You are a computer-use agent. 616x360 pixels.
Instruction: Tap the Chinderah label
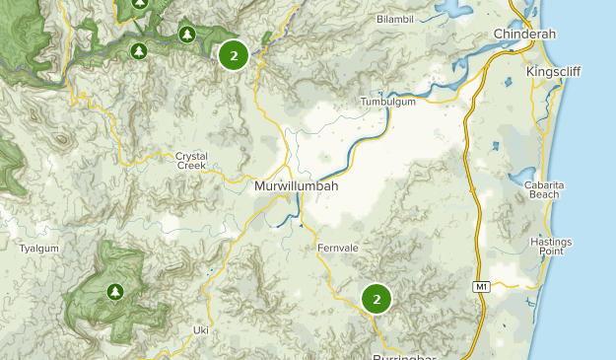pos(524,34)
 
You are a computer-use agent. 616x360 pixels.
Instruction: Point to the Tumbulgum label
pos(388,102)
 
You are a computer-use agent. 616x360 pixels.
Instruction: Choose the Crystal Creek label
pos(191,161)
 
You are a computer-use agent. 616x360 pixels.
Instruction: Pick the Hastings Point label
pos(550,247)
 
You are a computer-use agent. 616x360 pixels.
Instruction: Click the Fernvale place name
pos(335,247)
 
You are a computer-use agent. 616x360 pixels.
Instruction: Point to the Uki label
pos(201,329)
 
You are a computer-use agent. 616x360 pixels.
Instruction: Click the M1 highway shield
pos(481,287)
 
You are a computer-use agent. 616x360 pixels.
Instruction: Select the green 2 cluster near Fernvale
pos(376,298)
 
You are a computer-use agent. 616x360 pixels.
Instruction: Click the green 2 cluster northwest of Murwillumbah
pos(233,54)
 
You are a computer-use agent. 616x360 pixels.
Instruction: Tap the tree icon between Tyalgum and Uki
pos(115,291)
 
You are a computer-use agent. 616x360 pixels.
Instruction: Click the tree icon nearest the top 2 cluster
pos(187,36)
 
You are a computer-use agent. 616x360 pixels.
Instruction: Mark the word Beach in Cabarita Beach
pos(544,194)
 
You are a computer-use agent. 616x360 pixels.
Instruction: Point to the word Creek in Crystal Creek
pos(191,166)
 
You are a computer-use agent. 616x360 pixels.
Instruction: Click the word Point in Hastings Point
pos(550,252)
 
